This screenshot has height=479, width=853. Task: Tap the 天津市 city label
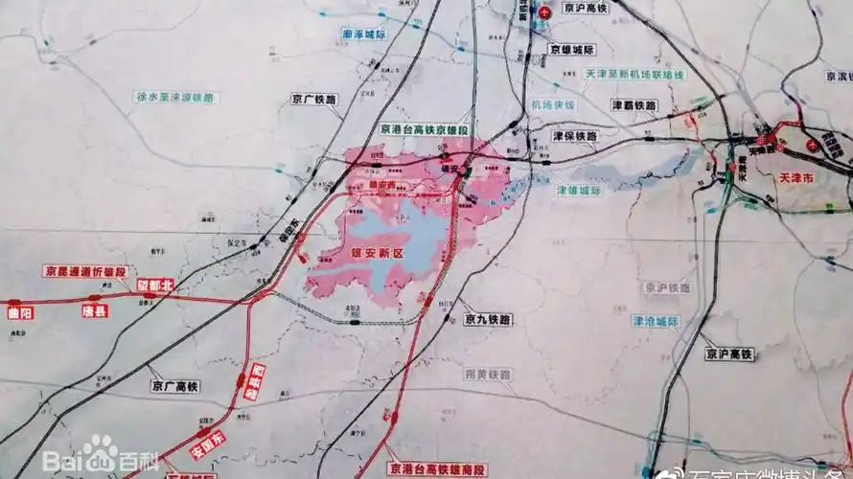point(797,178)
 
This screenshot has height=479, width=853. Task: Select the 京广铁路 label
point(315,99)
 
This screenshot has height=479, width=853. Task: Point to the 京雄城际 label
point(571,50)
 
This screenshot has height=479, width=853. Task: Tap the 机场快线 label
point(552,104)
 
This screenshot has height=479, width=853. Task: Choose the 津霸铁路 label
point(634,104)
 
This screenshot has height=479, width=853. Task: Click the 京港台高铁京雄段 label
point(425,129)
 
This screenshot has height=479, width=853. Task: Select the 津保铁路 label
point(575,136)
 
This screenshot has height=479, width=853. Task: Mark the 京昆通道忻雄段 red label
point(83,272)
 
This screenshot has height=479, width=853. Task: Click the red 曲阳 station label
point(20,311)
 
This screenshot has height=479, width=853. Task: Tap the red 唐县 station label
point(94,310)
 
